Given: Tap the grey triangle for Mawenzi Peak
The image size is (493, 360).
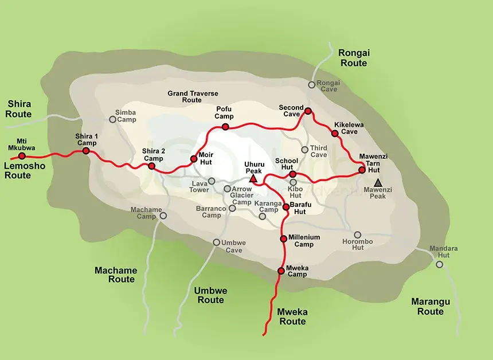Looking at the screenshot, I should click(x=377, y=182).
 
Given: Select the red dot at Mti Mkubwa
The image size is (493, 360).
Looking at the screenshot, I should click(x=22, y=155).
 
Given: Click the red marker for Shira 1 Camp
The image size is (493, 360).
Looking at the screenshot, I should click(x=85, y=151).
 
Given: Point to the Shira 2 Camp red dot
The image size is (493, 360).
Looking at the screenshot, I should click(x=151, y=166).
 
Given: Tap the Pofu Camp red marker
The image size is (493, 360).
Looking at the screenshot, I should click(x=225, y=126).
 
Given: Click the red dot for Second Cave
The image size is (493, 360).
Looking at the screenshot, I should click(x=308, y=111).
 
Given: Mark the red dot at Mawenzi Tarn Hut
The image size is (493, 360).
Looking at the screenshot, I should click(x=362, y=169).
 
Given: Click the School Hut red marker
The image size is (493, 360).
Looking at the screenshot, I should click(x=292, y=174).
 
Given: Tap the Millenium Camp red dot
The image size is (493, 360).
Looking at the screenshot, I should click(x=283, y=238).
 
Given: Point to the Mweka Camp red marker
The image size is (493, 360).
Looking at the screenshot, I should click(x=280, y=270).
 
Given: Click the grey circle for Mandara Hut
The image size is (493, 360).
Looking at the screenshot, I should click(x=439, y=264).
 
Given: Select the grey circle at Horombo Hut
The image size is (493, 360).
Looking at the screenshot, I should click(x=357, y=234).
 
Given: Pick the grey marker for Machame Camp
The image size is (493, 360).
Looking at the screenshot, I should click(x=163, y=216).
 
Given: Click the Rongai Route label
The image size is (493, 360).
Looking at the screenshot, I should click(x=354, y=58).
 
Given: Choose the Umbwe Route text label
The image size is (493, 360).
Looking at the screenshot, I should click(x=210, y=295).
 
